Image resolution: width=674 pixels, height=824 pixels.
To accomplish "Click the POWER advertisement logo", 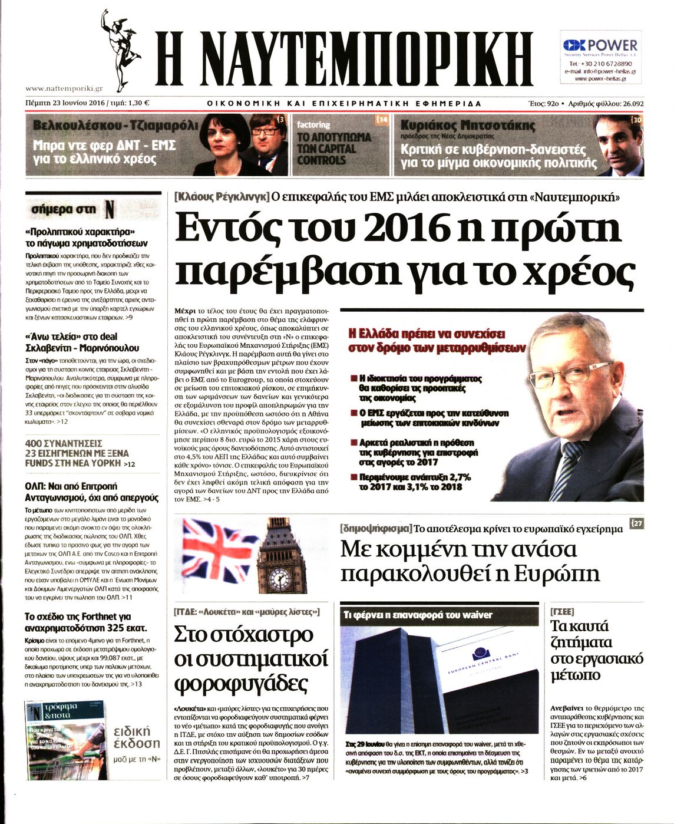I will (600, 45).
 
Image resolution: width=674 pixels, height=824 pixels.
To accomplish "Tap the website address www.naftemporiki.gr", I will (64, 88).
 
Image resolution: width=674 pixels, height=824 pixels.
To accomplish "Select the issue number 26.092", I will (628, 104).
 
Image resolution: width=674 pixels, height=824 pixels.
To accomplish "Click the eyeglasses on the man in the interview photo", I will (563, 374).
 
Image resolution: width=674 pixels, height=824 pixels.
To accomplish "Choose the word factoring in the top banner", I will (313, 125).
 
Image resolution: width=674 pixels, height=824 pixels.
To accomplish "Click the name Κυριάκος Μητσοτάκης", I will (468, 126).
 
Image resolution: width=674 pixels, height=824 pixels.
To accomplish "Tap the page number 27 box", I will (636, 523).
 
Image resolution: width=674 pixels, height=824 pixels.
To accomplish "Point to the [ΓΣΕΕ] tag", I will (562, 611).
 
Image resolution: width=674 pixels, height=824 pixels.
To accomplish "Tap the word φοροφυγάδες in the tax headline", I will (242, 683).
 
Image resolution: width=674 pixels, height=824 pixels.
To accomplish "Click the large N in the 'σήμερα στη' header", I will (109, 209).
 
